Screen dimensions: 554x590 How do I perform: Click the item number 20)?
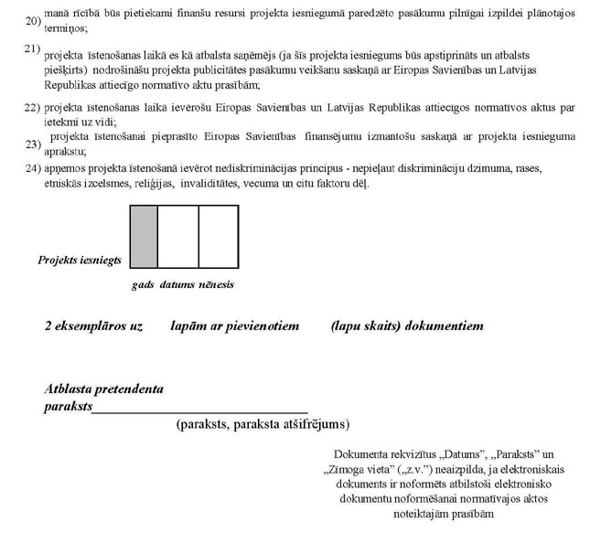32,21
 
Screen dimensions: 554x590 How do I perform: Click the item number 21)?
32,48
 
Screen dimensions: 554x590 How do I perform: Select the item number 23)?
34,144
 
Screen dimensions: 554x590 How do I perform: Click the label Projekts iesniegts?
80,261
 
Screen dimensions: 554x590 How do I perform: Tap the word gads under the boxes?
143,284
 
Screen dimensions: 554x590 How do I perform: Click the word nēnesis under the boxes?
217,284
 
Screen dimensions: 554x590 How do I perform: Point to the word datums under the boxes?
177,284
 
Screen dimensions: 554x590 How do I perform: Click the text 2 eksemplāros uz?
93,326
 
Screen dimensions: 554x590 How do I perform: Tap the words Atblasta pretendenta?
104,389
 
